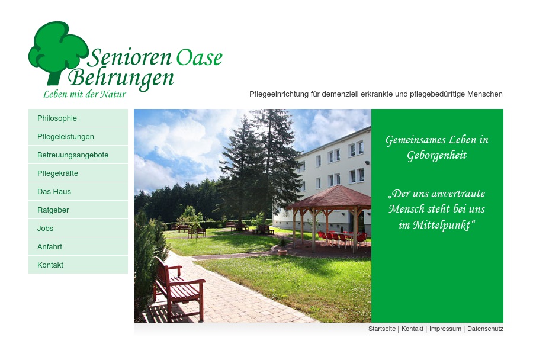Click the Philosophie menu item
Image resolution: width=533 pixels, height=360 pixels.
click(x=57, y=118)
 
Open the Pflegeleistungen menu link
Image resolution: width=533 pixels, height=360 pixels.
click(x=66, y=137)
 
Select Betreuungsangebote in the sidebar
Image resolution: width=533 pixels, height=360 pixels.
click(x=73, y=155)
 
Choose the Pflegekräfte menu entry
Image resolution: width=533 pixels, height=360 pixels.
click(x=58, y=173)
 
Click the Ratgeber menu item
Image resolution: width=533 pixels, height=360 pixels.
click(x=53, y=210)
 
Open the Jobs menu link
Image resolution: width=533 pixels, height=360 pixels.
click(x=46, y=229)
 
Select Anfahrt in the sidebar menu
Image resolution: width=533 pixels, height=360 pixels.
click(x=50, y=247)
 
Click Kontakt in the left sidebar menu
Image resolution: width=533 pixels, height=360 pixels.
click(x=50, y=265)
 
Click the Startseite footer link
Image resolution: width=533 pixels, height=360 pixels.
click(x=382, y=329)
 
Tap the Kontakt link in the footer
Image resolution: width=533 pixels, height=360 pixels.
click(x=412, y=329)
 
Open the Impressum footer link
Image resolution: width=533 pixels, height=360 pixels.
click(x=445, y=329)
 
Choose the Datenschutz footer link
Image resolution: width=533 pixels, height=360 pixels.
click(x=485, y=329)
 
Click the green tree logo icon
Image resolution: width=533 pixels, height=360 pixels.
click(x=56, y=50)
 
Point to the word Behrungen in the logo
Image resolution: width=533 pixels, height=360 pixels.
click(x=121, y=78)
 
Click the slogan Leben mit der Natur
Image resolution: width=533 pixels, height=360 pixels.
click(x=85, y=94)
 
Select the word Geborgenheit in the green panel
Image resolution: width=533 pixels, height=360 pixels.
click(x=437, y=156)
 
